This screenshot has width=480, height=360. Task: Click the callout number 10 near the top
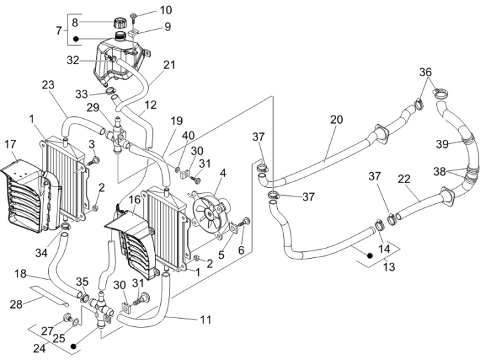pos(166,10)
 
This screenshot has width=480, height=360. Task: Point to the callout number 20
pos(336,120)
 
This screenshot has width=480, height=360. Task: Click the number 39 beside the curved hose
pos(442,144)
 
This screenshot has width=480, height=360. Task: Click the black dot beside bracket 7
pos(78,38)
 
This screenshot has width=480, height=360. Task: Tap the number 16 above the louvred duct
pos(135,200)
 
